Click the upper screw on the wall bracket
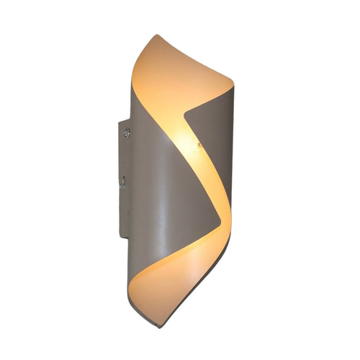127,132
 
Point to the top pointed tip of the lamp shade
155,34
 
